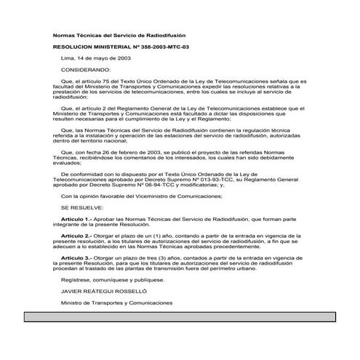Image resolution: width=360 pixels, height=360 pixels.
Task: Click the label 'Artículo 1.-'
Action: pos(76,218)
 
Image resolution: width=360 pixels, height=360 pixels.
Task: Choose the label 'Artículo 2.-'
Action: pos(76,236)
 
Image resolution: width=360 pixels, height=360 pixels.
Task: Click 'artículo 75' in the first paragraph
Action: pos(91,82)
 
